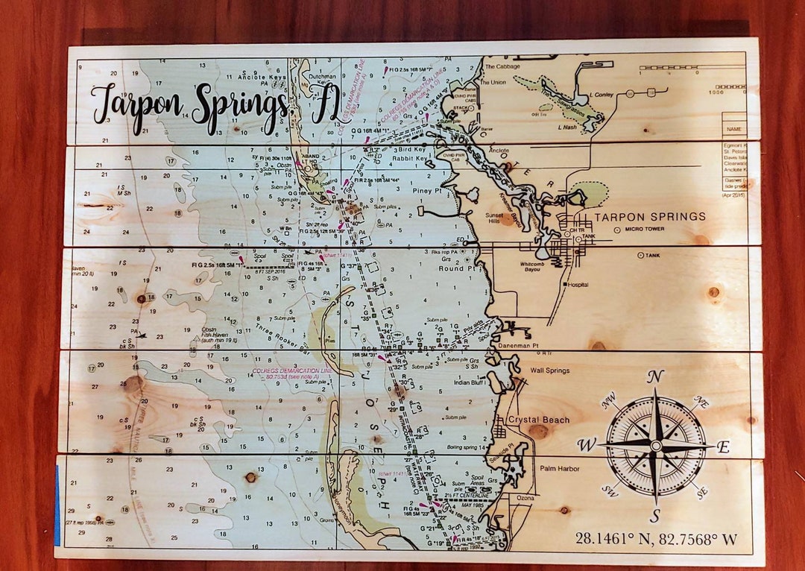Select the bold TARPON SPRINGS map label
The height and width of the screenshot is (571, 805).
click(649, 217)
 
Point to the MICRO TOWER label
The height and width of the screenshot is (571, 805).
click(645, 229)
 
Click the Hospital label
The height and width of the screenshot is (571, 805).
click(578, 285)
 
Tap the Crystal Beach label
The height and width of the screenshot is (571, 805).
click(538, 420)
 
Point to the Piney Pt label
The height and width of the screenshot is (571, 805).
click(427, 190)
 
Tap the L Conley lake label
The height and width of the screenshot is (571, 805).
click(601, 95)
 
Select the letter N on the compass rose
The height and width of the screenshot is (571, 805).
click(654, 376)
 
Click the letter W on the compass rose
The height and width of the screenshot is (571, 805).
click(587, 446)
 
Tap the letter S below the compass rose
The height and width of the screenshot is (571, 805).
click(654, 515)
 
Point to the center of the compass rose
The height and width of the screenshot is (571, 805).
click(655, 446)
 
